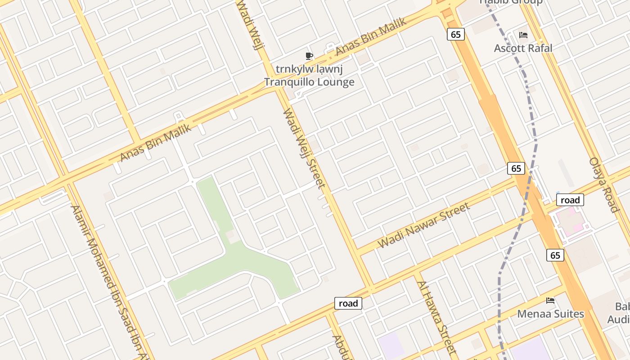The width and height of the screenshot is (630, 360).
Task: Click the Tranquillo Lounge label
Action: click(309, 82)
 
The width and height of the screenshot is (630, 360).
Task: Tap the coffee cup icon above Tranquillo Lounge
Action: click(309, 56)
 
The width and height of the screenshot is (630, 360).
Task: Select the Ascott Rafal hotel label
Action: click(523, 48)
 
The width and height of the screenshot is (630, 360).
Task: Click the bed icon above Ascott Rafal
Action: click(523, 35)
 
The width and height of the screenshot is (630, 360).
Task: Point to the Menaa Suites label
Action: click(550, 314)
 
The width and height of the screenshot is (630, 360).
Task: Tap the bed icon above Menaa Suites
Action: click(550, 300)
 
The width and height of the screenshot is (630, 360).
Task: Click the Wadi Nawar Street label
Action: click(424, 225)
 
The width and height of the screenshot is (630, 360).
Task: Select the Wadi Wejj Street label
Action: click(304, 148)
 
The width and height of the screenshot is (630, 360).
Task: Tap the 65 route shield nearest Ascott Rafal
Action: click(456, 34)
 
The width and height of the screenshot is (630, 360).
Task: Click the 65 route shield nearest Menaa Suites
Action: click(555, 255)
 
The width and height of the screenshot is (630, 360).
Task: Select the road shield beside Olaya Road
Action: click(570, 200)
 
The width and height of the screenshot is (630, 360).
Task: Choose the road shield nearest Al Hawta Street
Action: click(348, 303)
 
